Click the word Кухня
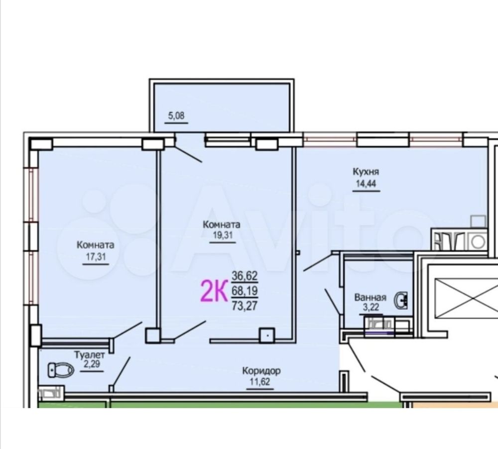click(x=366, y=172)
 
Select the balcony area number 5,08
click(x=176, y=115)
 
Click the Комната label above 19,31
click(x=222, y=225)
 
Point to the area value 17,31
click(x=96, y=256)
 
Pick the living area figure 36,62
click(x=245, y=276)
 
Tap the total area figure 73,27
click(x=245, y=306)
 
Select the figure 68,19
click(x=245, y=291)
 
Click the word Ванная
click(x=371, y=298)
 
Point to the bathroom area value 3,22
click(x=371, y=308)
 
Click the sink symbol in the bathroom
click(x=401, y=300)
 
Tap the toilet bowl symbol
click(x=61, y=370)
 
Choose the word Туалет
click(x=89, y=355)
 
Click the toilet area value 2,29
click(x=92, y=364)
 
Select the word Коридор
click(x=261, y=370)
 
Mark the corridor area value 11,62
click(x=260, y=381)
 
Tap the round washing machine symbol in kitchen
click(x=478, y=242)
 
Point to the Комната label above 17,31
click(x=95, y=245)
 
